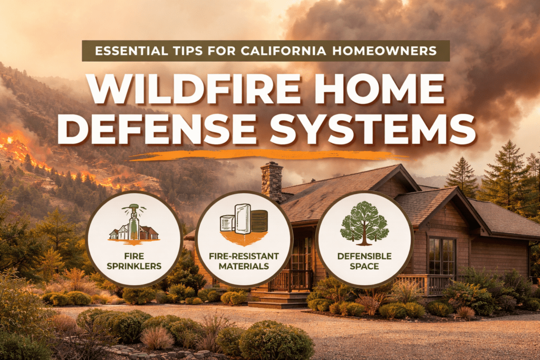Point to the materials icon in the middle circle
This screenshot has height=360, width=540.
(244, 224)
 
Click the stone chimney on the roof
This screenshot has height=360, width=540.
(272, 182)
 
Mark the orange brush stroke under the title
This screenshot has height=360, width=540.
(264, 155)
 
